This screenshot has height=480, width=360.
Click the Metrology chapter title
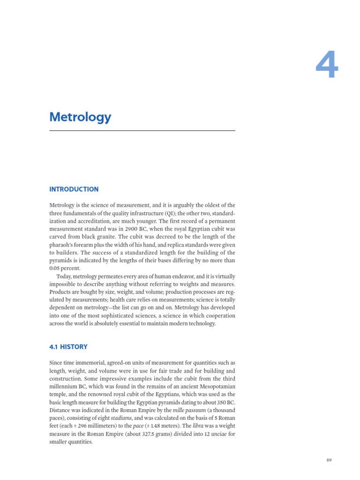(80, 117)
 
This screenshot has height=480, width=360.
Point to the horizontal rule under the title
(142, 131)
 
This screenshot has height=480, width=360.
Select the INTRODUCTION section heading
(74, 189)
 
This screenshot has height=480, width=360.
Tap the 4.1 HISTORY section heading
(68, 347)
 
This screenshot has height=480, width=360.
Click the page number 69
(329, 460)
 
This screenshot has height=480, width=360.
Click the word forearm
(93, 245)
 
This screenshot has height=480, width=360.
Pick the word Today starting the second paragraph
(66, 277)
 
